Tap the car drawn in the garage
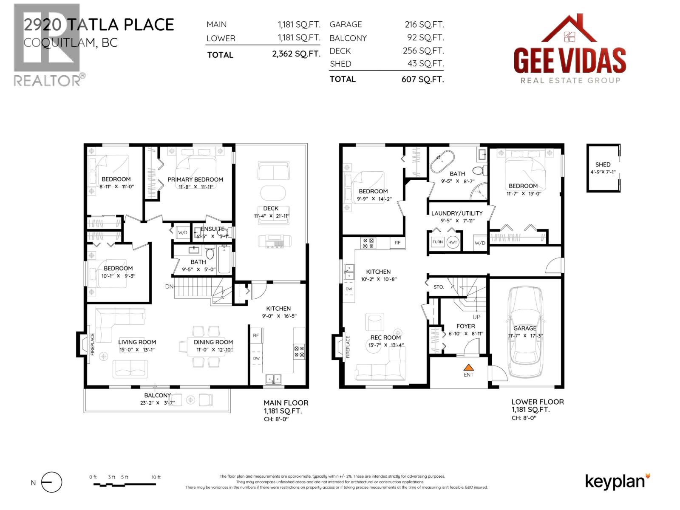click(525, 331)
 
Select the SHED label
click(603, 164)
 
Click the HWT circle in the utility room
click(453, 242)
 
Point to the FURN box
click(438, 242)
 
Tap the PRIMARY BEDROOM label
click(195, 179)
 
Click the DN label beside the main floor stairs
click(169, 286)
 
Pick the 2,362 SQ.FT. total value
click(296, 54)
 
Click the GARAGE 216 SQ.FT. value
click(424, 25)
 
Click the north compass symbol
click(51, 482)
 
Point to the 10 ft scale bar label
click(156, 477)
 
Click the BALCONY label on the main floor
click(157, 395)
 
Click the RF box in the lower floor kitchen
click(397, 243)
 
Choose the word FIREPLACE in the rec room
click(348, 347)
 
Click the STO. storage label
click(439, 287)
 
